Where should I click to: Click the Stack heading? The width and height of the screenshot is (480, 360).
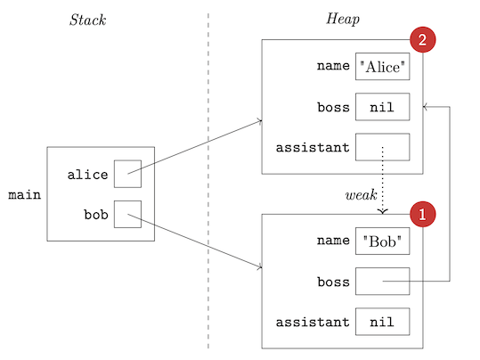coord(87,20)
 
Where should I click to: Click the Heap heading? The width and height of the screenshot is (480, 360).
coord(342,20)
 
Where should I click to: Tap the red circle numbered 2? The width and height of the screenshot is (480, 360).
coord(421,39)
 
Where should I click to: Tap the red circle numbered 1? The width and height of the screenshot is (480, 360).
coord(421,214)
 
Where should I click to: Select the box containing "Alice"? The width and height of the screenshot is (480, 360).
coord(382,67)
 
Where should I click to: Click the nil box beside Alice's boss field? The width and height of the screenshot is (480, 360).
coord(382,107)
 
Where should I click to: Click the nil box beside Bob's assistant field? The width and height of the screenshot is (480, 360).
coord(382,322)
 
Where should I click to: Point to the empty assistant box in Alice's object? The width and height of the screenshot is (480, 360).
coord(382,147)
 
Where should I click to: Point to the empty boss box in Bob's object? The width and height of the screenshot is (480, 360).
coord(382,282)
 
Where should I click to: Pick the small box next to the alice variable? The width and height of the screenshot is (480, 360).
coord(127,175)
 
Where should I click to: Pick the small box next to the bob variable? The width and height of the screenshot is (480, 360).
coord(127,215)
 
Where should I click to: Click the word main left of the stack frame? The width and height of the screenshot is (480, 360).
coord(24,194)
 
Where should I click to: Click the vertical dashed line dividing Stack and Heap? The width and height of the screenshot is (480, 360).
coord(208,178)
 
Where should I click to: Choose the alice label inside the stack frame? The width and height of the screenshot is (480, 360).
coord(88,175)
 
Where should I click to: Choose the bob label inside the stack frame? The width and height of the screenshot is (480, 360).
coord(95,215)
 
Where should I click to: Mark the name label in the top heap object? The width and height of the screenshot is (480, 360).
coord(333,67)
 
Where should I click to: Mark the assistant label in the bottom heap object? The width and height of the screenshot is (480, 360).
coord(313,322)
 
